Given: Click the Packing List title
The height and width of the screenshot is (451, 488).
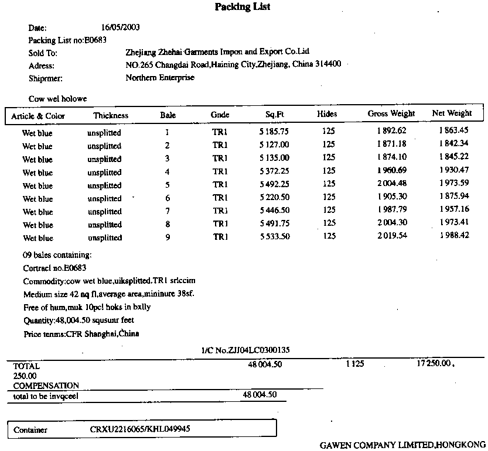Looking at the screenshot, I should (242, 7).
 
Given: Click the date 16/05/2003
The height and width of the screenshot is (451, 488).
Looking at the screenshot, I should (120, 27).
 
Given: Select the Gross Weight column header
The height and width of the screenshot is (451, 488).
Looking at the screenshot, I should (391, 113).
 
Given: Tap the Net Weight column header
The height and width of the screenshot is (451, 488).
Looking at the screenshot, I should (451, 113).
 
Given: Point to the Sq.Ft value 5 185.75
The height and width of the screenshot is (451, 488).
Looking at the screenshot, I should (274, 132).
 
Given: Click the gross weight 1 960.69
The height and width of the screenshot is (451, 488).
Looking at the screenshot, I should (391, 171).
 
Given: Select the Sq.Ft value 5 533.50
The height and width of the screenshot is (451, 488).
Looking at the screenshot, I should (274, 236).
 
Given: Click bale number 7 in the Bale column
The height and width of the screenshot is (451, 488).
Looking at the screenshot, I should (168, 211).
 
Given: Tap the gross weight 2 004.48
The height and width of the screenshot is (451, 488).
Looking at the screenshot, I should (391, 184).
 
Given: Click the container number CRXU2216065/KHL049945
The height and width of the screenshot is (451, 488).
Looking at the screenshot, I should (140, 429).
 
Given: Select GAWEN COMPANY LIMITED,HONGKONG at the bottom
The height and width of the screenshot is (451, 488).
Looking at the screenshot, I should (403, 445).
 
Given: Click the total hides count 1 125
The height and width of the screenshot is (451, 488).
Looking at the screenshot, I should (355, 364).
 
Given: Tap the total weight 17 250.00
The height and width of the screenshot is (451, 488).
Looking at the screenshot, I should (435, 364).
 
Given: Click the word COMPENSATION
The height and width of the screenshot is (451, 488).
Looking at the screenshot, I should (46, 385).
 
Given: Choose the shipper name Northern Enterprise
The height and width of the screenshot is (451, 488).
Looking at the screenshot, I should (159, 77).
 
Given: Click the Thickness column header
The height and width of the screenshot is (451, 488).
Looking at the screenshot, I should (110, 115).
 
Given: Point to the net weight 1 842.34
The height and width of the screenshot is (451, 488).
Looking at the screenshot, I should (453, 144).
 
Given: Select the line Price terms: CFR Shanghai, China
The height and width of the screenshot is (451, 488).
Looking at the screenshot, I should (81, 334).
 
